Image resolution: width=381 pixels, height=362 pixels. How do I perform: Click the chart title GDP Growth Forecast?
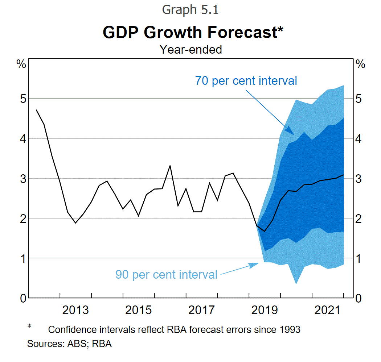point(193,32)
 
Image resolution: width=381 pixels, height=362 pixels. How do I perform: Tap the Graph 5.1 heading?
point(190,10)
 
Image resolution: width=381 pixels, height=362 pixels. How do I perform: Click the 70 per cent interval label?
point(246,80)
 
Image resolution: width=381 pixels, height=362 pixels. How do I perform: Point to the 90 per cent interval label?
point(166,274)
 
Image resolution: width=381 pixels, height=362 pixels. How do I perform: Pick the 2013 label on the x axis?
point(75,310)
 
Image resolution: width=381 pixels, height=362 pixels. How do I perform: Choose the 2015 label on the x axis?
point(139,310)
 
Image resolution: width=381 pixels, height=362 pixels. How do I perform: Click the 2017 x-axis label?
point(201,310)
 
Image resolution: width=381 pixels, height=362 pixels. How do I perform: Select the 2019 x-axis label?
point(265,310)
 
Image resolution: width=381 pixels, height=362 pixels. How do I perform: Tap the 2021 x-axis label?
point(328,310)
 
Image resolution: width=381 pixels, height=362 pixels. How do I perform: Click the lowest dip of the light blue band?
point(296,283)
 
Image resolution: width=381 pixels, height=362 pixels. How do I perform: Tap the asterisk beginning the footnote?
point(30,327)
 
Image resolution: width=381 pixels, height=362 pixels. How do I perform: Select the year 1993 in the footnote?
point(289,330)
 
